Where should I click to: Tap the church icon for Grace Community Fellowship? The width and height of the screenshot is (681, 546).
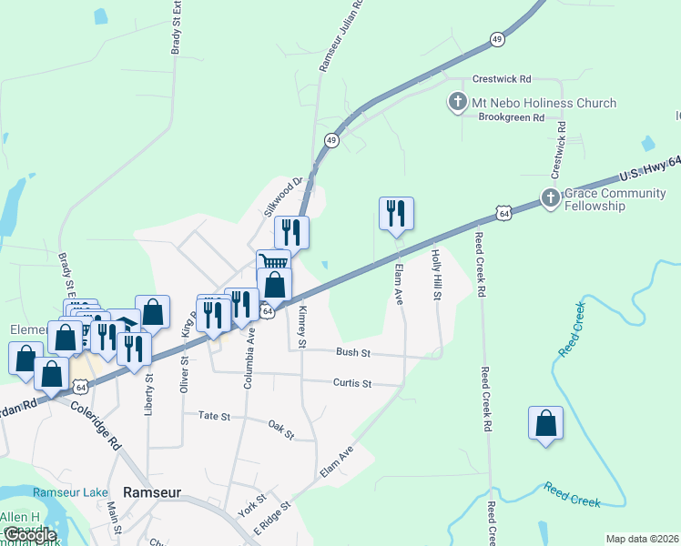(549, 197)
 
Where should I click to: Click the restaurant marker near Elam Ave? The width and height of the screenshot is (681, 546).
(396, 214)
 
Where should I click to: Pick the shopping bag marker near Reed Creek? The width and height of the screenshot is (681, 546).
(545, 424)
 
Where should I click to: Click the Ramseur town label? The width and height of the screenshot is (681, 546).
(151, 491)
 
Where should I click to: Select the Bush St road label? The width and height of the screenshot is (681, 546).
(353, 351)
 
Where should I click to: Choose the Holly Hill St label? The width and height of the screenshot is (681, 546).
(436, 276)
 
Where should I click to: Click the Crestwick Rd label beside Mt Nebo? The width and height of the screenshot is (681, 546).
(502, 79)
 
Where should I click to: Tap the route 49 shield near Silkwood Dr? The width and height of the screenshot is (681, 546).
(330, 140)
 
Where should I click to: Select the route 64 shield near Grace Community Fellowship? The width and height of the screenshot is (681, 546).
(503, 212)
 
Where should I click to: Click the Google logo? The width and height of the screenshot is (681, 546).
(29, 536)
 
